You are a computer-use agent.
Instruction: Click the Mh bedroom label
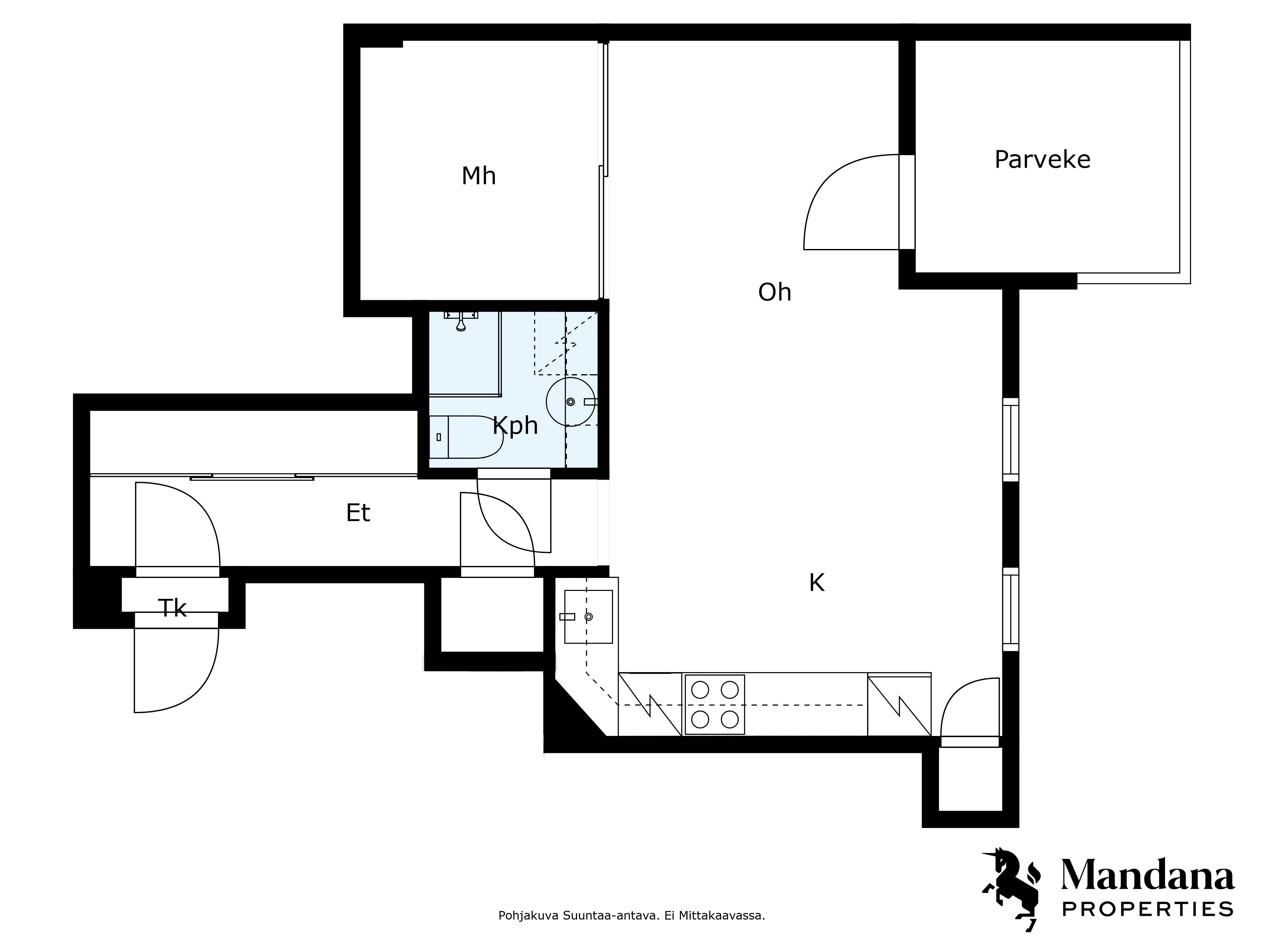(478, 176)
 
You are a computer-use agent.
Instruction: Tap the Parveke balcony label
(1042, 160)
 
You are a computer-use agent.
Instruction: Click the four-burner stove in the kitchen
(714, 705)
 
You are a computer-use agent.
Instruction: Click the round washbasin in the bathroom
(571, 402)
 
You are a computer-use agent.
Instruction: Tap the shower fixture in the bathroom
(461, 320)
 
